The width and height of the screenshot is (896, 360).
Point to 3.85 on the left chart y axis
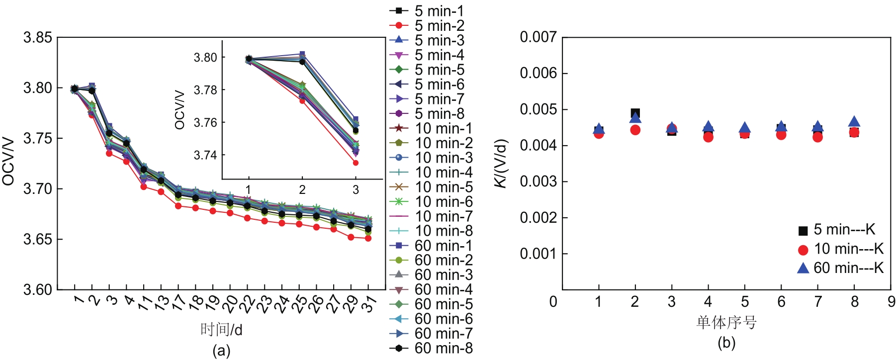(38, 37)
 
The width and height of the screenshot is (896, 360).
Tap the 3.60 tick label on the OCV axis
(38, 289)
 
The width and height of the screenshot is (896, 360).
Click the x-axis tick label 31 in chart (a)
(368, 303)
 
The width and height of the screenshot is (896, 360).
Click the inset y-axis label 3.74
(205, 155)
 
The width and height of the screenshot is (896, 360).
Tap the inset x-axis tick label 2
(302, 189)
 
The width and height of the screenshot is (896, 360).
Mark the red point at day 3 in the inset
(356, 163)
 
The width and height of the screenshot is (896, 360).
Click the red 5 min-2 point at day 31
(368, 238)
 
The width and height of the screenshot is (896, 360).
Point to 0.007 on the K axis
(538, 37)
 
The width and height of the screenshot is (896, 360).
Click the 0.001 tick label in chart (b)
(538, 254)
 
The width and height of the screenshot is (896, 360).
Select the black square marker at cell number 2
(635, 113)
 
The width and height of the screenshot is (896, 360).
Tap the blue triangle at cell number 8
(854, 122)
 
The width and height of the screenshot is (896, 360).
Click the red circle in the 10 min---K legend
(803, 250)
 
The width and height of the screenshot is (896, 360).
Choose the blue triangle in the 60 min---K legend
(803, 268)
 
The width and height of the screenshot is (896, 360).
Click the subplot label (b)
(726, 343)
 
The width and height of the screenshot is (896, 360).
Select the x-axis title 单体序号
(726, 323)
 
